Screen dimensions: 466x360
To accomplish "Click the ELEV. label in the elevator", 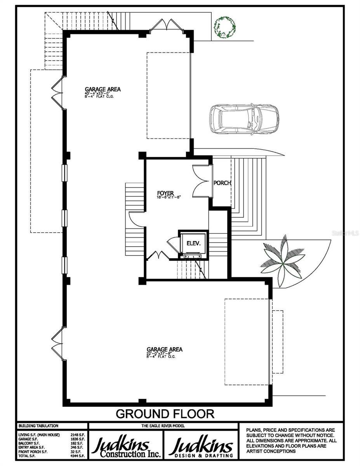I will point(193,243).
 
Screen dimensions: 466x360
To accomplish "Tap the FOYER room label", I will point(166,193).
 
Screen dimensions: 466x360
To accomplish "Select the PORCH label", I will point(222,183).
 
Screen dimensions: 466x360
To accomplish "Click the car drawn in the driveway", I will point(244,119).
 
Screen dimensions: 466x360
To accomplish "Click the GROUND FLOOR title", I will point(165,414).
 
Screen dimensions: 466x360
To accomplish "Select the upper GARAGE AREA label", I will point(103,89).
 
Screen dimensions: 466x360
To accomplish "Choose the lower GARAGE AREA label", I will point(164,349).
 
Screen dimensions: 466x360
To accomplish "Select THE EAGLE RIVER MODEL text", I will point(163,426).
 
